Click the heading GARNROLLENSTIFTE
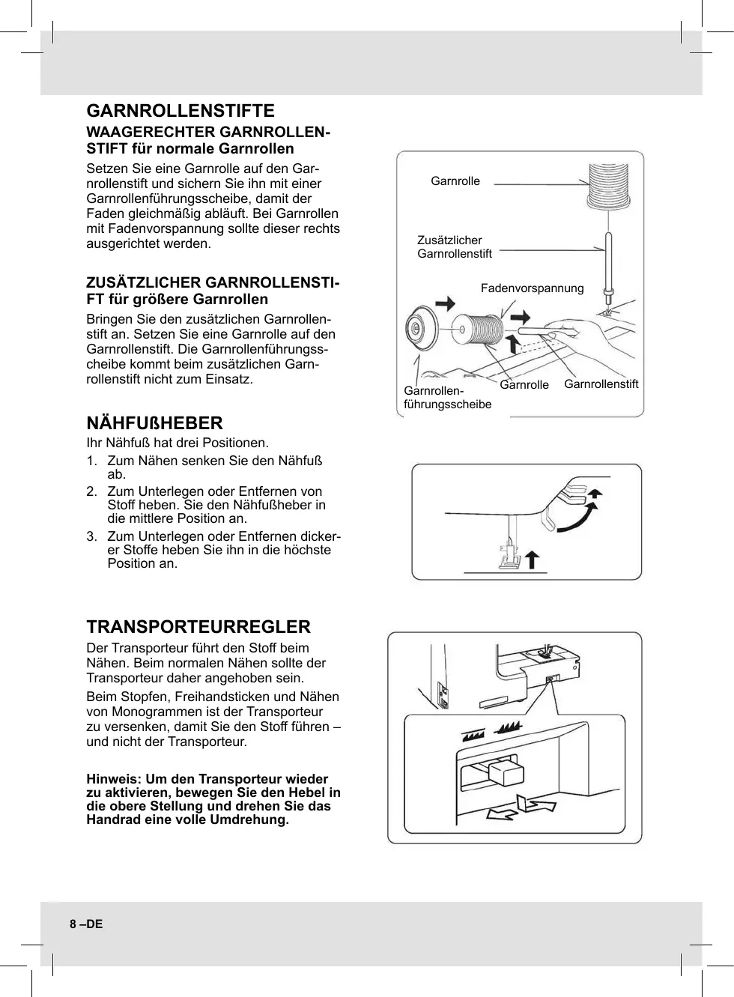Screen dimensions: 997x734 pyautogui.click(x=181, y=112)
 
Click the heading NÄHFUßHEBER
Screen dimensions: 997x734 pyautogui.click(x=154, y=423)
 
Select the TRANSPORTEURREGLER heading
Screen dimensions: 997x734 pyautogui.click(x=198, y=627)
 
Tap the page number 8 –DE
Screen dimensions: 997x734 pyautogui.click(x=86, y=924)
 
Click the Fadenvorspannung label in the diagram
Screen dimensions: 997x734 pyautogui.click(x=532, y=288)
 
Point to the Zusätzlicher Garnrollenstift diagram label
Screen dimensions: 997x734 pyautogui.click(x=454, y=247)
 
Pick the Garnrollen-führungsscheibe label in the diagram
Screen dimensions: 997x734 pyautogui.click(x=447, y=398)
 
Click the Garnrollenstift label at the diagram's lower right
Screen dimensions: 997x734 pyautogui.click(x=601, y=384)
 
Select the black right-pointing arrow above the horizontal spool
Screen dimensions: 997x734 pyautogui.click(x=446, y=303)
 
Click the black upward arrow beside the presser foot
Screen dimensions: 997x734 pyautogui.click(x=532, y=560)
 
